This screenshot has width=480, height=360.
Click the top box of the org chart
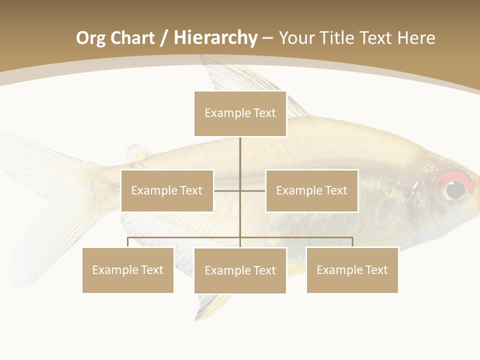240,113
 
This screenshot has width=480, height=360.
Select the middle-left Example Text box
167,190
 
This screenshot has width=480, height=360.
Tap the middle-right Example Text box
311,190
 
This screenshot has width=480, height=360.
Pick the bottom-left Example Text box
127,270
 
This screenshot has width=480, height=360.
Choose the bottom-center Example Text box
240,270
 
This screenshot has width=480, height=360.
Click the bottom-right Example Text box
352,270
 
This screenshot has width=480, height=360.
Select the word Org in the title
90,38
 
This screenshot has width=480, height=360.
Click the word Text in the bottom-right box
376,270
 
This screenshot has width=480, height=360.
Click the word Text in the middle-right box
335,190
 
